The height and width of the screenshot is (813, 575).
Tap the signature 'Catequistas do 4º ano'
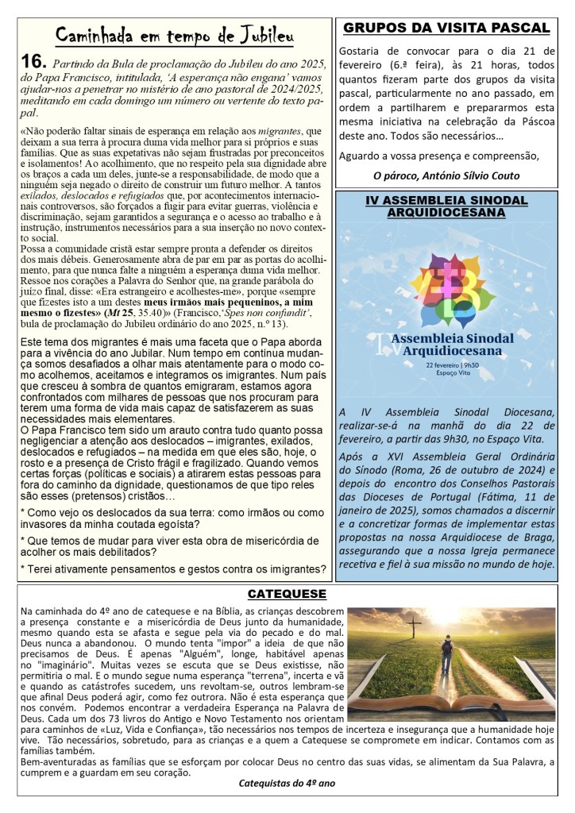coord(287,783)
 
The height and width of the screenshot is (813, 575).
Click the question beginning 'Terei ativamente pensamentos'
coord(172,568)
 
